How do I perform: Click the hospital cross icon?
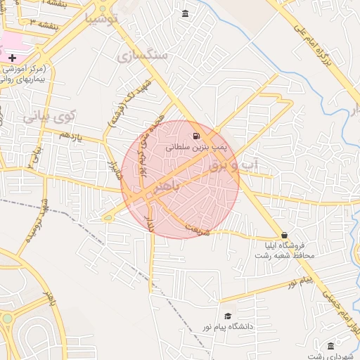tap(12, 56)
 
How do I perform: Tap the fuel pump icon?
tap(195, 136)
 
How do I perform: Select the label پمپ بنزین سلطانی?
tap(194, 148)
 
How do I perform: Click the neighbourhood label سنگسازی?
tap(143, 55)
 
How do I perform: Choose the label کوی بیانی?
tap(50, 117)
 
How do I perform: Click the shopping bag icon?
tap(284, 235)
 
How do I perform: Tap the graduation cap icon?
tap(227, 317)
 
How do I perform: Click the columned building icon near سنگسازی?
tap(185, 14)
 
